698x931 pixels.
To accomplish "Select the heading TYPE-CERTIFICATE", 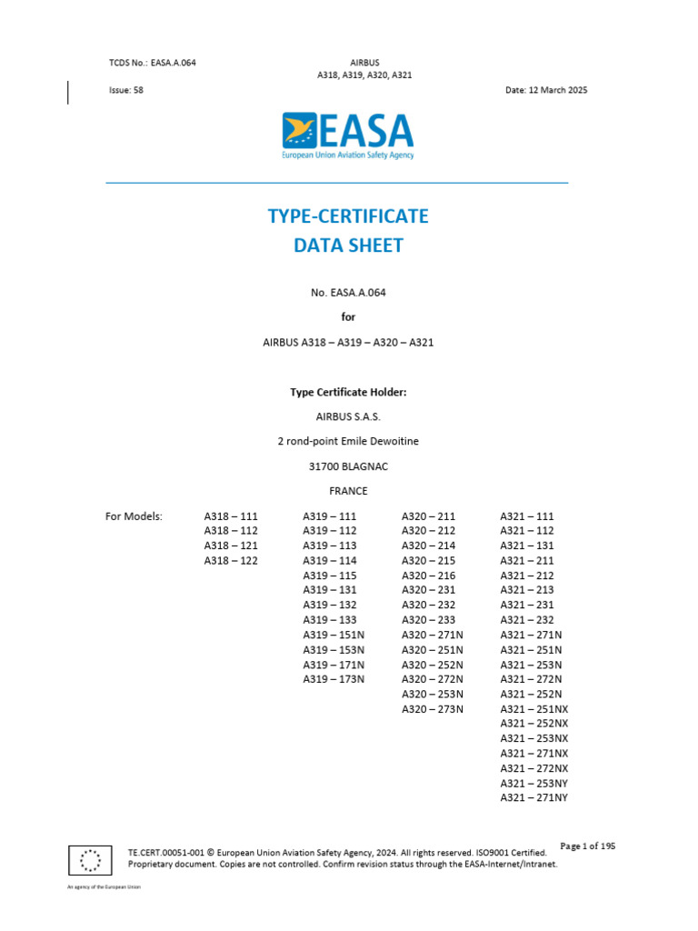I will point(348,216).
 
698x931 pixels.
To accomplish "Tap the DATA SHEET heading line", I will point(348,245).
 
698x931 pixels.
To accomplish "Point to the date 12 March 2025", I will point(546,91).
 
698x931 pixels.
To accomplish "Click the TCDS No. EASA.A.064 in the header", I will point(153,63).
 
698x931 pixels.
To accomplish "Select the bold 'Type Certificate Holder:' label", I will point(348,393).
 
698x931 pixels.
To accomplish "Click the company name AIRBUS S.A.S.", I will point(348,417).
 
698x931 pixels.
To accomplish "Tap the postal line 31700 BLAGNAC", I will point(348,466).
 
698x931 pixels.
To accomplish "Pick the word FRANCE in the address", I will point(348,491).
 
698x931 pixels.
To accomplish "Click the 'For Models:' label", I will point(134,516).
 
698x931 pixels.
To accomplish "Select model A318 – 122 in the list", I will point(231,561).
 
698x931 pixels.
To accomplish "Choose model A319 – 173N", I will point(334,679).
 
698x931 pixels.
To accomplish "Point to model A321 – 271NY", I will point(533,797).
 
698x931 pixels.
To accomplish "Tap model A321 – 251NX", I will point(533,708).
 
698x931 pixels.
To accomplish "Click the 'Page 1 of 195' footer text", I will point(588,846).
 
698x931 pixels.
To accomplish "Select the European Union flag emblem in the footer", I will point(90,858).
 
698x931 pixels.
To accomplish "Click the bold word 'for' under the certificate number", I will point(348,317).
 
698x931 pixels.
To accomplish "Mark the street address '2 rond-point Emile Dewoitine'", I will point(348,442).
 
